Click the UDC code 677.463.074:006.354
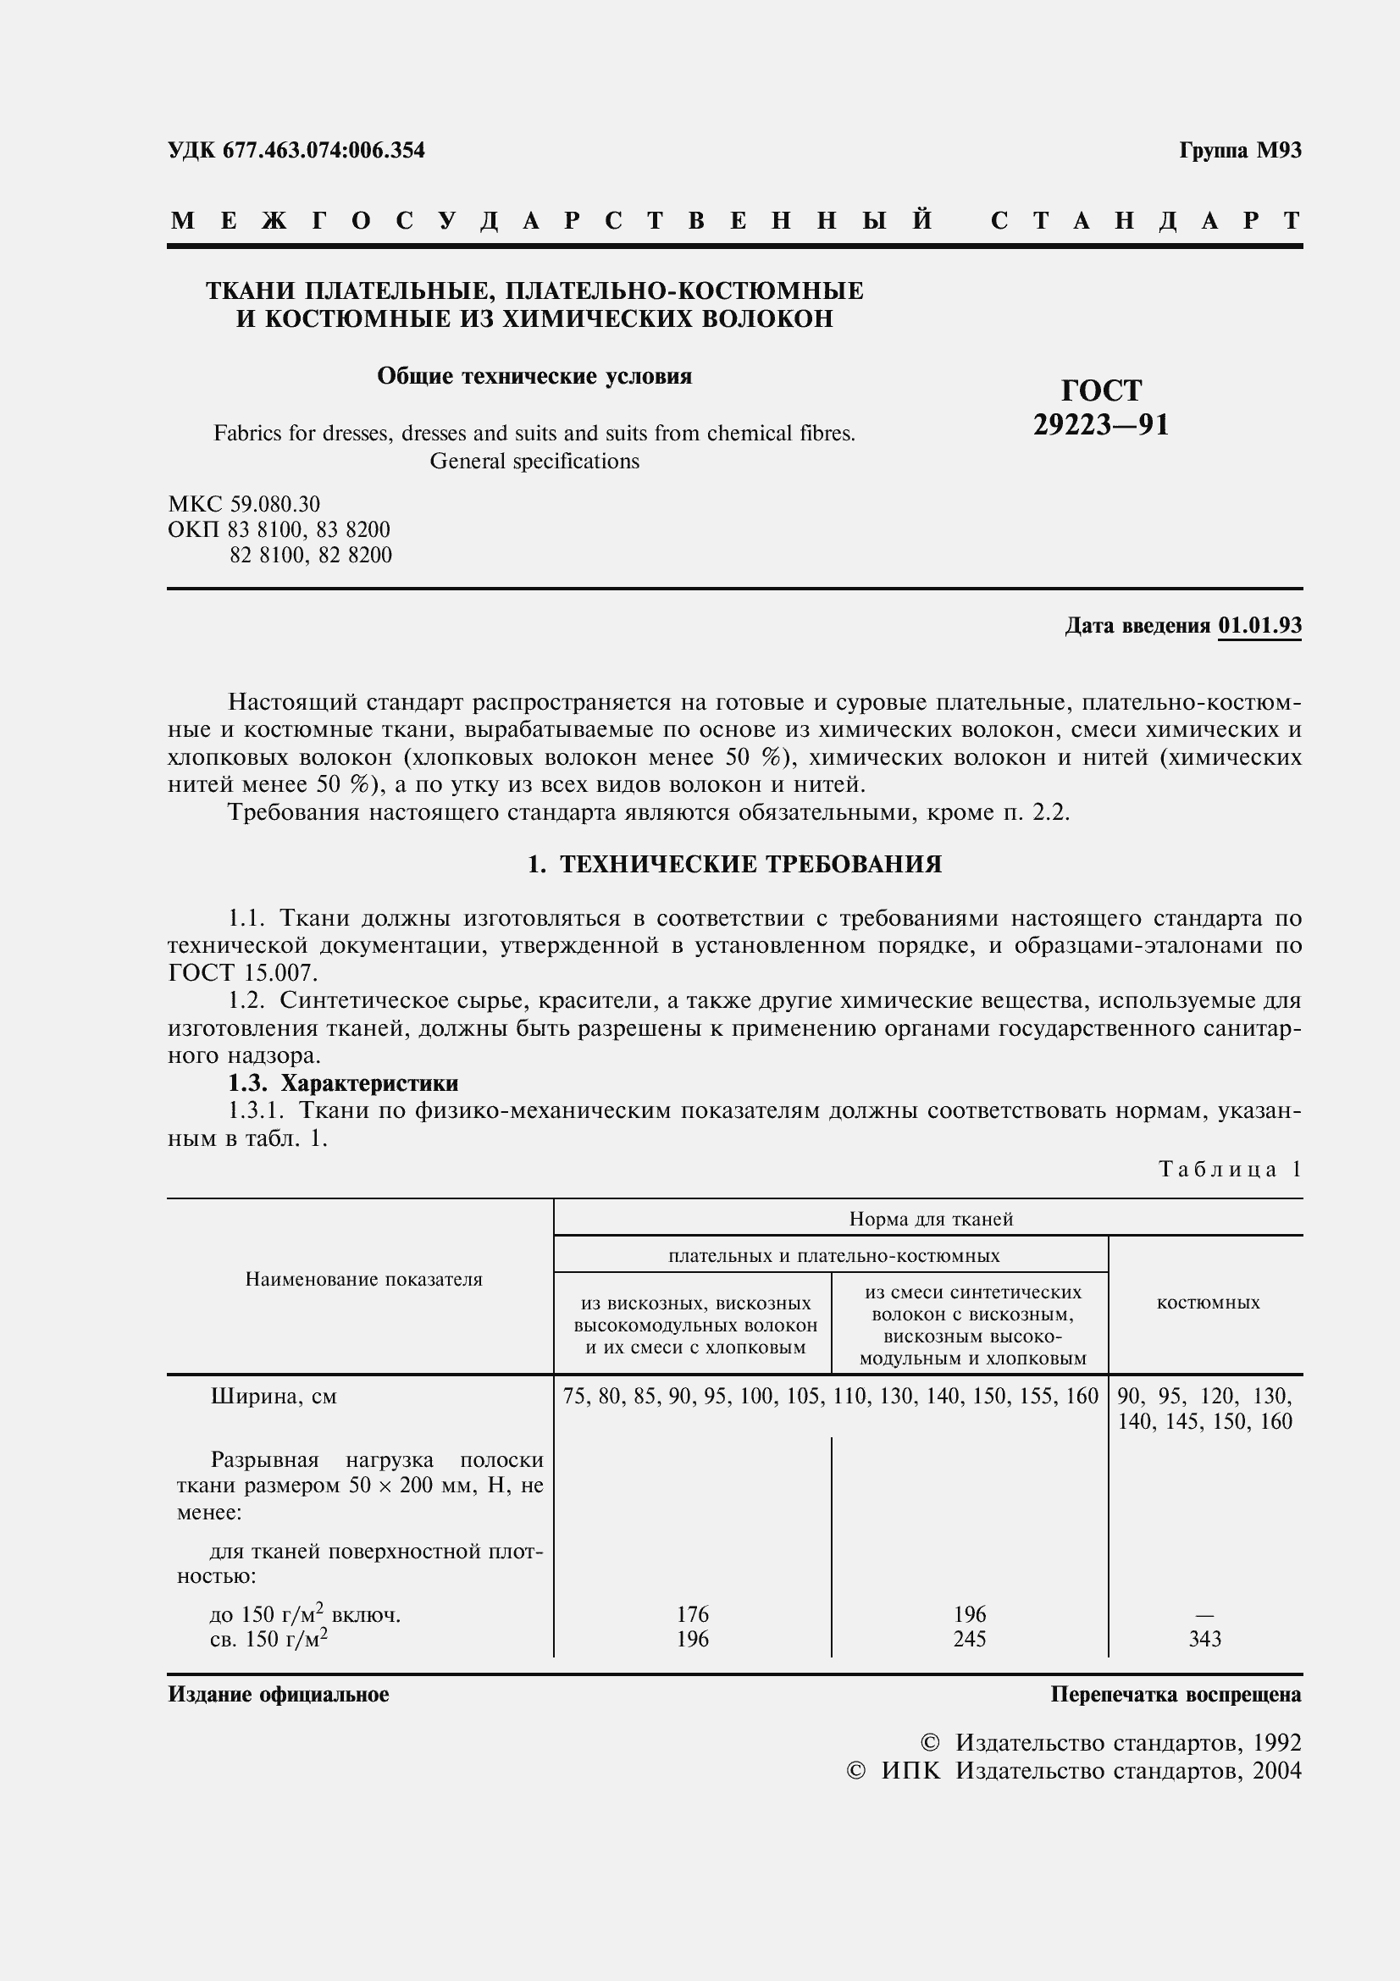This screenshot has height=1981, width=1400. coord(324,150)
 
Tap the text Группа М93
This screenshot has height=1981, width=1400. coord(1240,150)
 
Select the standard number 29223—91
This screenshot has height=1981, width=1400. coord(1101,425)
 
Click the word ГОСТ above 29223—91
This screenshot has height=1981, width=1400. coord(1101,390)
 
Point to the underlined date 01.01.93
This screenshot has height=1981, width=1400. coord(1259,625)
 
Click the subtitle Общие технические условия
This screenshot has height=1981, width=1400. coord(534,376)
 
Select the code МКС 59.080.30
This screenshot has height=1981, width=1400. coord(243,503)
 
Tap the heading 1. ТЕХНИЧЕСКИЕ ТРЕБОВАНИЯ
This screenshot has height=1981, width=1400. coord(734,864)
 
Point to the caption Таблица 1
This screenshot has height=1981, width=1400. coord(1229,1169)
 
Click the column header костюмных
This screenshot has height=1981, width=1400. coord(1208,1303)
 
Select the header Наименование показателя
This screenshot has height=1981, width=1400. coord(363,1279)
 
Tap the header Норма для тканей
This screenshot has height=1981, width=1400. coord(930,1218)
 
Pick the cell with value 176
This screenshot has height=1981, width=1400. coord(693,1613)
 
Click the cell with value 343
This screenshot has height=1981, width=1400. coord(1204,1639)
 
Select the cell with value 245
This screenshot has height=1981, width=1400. coord(970,1639)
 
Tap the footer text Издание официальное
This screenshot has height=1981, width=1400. coord(278,1694)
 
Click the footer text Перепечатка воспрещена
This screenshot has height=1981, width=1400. coord(1175,1694)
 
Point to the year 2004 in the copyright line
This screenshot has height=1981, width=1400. coord(1276,1770)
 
